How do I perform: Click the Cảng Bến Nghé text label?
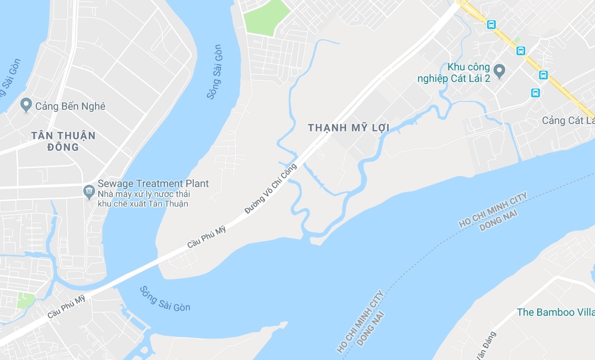click(70, 106)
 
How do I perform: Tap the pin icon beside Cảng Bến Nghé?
click(25, 105)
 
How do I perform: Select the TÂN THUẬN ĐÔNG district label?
click(63, 141)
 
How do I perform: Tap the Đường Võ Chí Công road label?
click(270, 188)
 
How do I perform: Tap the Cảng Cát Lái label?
click(567, 120)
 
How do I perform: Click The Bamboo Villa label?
click(555, 312)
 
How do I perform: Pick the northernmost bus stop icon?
click(491, 24)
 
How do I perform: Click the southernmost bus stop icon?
click(535, 93)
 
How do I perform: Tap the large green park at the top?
click(266, 18)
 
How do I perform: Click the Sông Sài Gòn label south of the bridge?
click(165, 299)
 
